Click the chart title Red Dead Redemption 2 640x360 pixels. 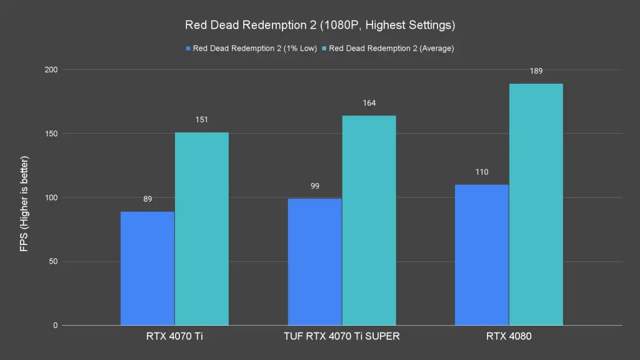tap(320, 26)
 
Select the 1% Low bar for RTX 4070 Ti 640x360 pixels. tap(147, 269)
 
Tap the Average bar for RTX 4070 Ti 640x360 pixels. tap(201, 229)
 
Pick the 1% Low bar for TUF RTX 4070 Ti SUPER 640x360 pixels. tap(315, 262)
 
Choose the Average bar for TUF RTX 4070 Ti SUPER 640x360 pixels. tap(369, 221)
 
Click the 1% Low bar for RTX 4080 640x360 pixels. tap(482, 255)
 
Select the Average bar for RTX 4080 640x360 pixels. tap(536, 204)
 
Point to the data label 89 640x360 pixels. tap(147, 199)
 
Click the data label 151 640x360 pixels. tap(201, 119)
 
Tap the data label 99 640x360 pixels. tap(315, 186)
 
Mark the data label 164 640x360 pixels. tap(369, 103)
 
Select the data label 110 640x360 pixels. tap(482, 172)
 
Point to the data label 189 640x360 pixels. tap(536, 71)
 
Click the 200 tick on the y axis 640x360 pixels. tap(50, 70)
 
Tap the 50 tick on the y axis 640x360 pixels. tap(52, 262)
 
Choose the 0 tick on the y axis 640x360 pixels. tap(55, 326)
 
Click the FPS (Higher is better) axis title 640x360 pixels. tap(24, 204)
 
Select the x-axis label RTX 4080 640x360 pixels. tap(509, 336)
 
